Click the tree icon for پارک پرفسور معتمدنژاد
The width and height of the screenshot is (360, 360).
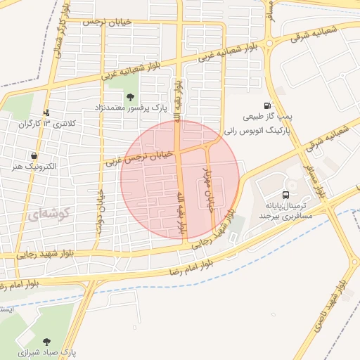point(131,96)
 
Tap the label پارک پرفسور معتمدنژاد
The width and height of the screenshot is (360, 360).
point(131,108)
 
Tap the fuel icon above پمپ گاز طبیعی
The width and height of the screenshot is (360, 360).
point(267,105)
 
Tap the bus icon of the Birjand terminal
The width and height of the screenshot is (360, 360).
point(285,194)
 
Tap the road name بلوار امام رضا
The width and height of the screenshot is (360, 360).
point(193,268)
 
